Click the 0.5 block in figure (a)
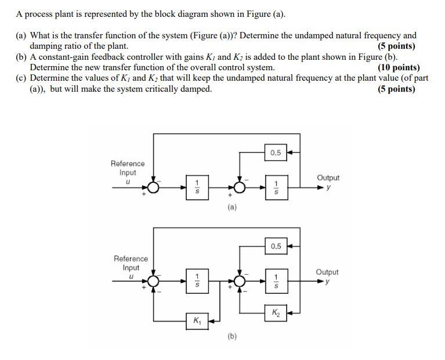[x=276, y=153]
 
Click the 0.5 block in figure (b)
[x=276, y=246]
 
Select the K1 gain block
[x=198, y=321]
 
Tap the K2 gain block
[x=276, y=313]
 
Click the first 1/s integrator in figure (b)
[x=197, y=279]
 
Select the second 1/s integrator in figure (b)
[x=276, y=279]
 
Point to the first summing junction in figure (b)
[x=153, y=281]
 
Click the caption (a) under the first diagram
[x=232, y=207]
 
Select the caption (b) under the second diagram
[x=232, y=336]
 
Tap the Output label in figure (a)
[x=328, y=178]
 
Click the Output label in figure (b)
[x=328, y=272]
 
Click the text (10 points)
[x=398, y=67]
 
